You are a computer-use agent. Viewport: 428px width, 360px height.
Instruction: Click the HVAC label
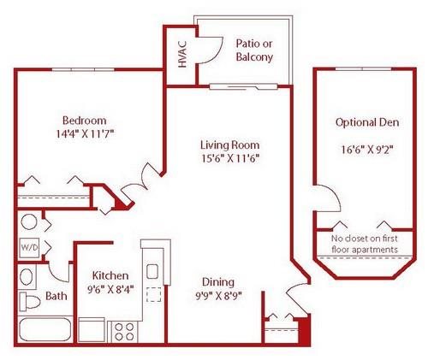[182, 55]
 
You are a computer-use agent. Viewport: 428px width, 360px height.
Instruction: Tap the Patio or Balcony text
[254, 50]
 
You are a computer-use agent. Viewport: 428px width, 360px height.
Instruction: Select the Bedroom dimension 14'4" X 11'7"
[85, 133]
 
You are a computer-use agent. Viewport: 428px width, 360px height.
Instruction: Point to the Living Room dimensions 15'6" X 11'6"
[230, 158]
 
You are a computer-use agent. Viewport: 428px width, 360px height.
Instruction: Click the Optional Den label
[367, 122]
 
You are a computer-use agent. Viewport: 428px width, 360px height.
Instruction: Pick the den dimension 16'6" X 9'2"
[367, 150]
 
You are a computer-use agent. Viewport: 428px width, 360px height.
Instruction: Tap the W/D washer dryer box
[29, 247]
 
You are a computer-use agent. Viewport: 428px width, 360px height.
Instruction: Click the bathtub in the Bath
[45, 329]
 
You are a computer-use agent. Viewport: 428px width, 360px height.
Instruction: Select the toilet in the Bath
[30, 301]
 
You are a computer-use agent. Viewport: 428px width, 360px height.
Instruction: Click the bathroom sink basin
[27, 277]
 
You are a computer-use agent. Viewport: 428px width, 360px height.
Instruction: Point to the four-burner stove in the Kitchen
[124, 332]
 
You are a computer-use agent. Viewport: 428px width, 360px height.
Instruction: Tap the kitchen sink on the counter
[152, 271]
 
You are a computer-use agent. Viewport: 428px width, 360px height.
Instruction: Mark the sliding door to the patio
[243, 86]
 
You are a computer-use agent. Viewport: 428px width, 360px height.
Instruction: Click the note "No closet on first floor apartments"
[365, 244]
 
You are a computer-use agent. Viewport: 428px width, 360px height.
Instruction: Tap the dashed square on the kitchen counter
[153, 294]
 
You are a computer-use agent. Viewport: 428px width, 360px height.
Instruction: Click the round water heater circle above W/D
[29, 221]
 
